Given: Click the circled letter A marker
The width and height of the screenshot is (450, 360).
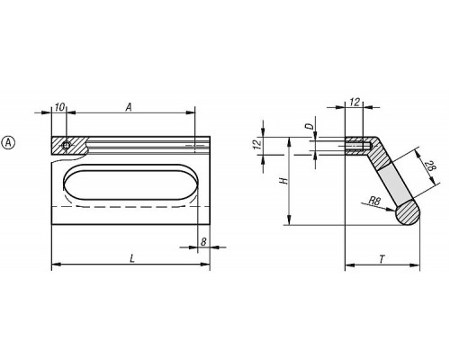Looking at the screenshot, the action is point(8,143).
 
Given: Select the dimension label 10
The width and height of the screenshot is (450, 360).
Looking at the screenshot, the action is point(60,107).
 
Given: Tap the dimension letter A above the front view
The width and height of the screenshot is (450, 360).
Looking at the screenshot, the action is point(129,107).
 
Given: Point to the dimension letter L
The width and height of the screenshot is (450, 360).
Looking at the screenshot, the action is point(132,258).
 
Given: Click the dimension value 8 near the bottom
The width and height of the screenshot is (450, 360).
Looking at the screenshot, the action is point(203,242).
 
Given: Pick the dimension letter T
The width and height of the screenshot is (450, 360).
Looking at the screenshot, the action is point(382,259).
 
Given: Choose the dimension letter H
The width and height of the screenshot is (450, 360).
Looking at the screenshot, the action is point(283,181).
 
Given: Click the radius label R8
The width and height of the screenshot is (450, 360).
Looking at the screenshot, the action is point(374,201).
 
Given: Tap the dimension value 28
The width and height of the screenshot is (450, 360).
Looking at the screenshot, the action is point(430,166).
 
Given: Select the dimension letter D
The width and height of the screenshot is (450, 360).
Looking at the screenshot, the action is point(311,126).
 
